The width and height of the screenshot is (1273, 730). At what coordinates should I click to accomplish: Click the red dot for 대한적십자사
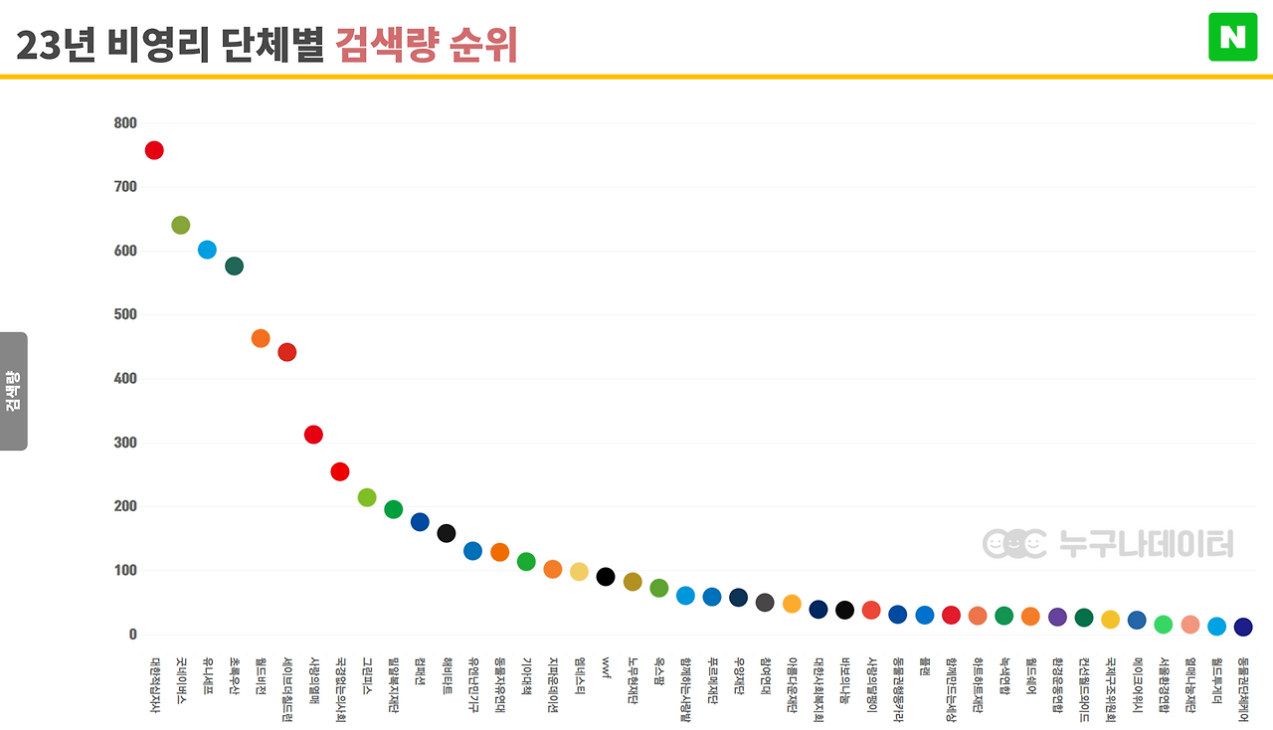point(154,150)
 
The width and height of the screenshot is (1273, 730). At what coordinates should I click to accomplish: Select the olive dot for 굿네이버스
point(181,225)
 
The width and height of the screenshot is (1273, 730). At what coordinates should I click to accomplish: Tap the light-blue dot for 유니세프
point(207,250)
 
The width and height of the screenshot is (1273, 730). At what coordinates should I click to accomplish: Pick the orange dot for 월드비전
point(261,338)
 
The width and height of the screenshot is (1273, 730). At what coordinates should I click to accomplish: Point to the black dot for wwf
point(606,577)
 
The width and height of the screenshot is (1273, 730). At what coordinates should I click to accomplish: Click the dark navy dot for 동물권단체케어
point(1243,627)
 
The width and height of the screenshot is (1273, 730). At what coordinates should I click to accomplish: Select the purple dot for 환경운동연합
point(1057,617)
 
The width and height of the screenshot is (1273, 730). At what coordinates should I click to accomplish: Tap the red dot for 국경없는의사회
point(340,471)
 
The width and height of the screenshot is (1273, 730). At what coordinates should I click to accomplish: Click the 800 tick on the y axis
point(125,123)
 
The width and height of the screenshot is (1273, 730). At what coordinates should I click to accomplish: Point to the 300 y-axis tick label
point(125,443)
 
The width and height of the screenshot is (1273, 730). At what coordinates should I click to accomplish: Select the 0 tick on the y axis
point(132,635)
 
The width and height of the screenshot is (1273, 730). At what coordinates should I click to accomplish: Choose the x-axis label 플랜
point(925,664)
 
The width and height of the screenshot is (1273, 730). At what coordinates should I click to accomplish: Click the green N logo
point(1232,37)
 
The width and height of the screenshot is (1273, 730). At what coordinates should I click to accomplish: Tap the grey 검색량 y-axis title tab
point(13,391)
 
